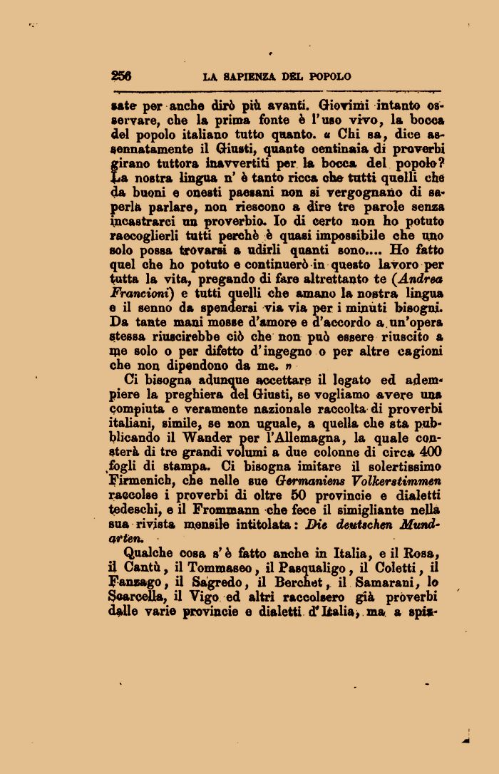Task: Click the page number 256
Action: pos(121,76)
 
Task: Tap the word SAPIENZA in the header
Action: pos(251,76)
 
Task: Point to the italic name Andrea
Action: pos(419,279)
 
